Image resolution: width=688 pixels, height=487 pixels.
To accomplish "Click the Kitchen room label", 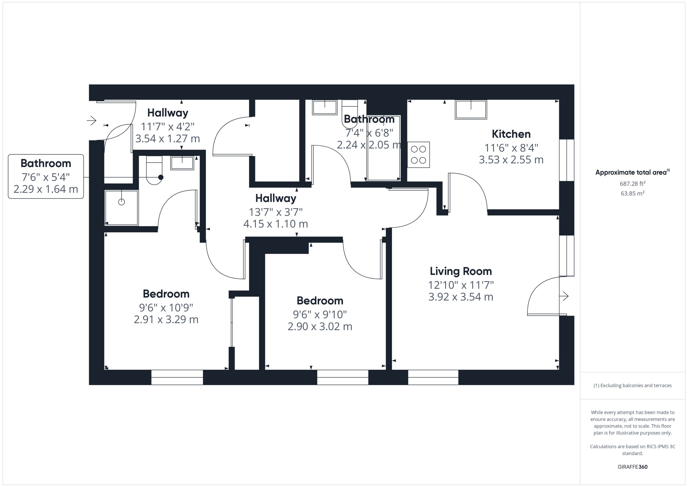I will click(x=511, y=134).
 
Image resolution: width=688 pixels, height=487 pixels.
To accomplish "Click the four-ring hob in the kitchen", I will click(x=418, y=155).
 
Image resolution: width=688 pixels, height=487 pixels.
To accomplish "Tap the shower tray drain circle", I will click(x=121, y=202).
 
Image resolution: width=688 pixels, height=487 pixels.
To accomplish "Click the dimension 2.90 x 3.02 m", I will click(x=320, y=326).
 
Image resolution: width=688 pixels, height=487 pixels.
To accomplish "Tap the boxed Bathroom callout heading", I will click(x=46, y=163).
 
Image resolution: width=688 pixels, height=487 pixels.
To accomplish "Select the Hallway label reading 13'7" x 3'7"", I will click(x=276, y=198).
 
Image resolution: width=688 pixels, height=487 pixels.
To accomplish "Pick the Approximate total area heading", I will click(x=631, y=172).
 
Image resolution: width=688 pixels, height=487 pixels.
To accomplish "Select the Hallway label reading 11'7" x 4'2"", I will click(x=168, y=113).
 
